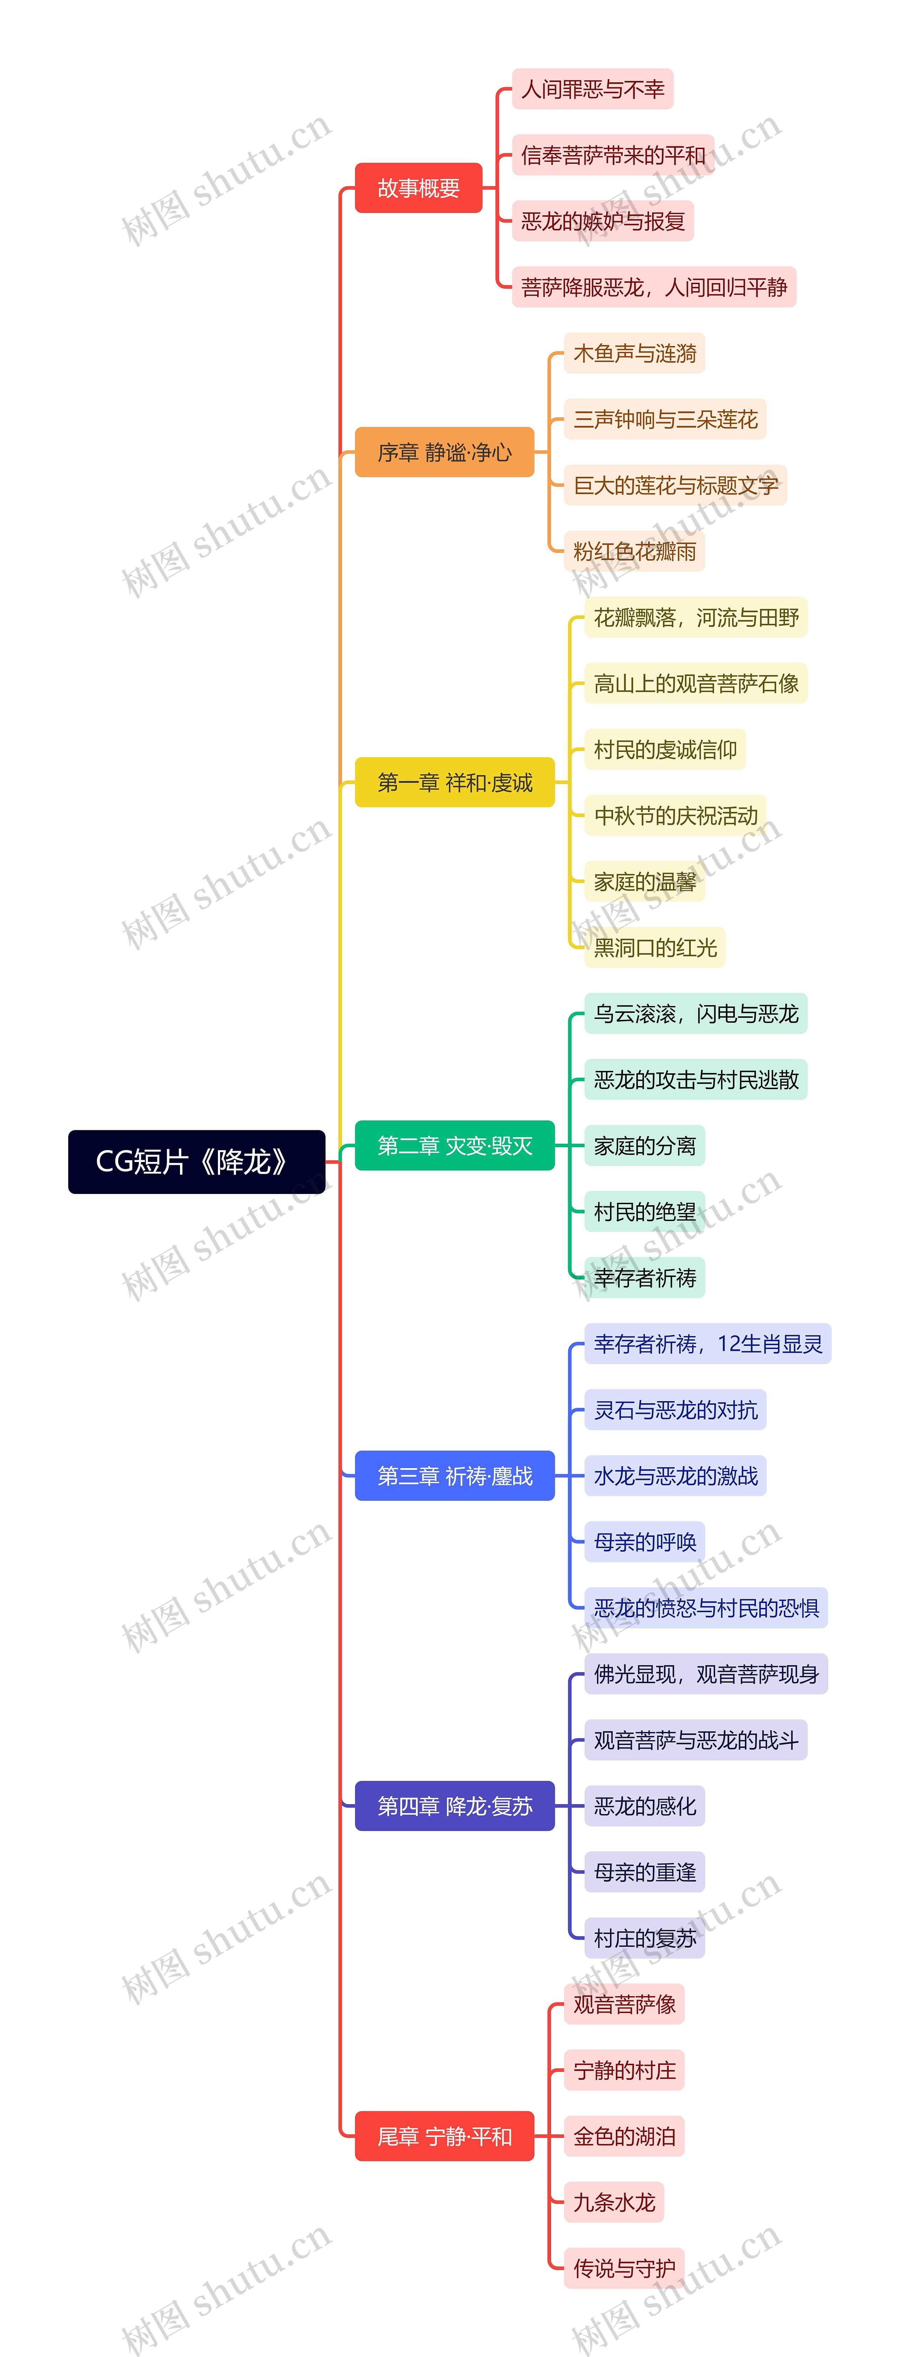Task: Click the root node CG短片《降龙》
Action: (196, 1161)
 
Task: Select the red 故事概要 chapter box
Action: (418, 187)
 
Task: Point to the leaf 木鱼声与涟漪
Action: (634, 353)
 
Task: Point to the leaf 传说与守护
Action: (624, 2268)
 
